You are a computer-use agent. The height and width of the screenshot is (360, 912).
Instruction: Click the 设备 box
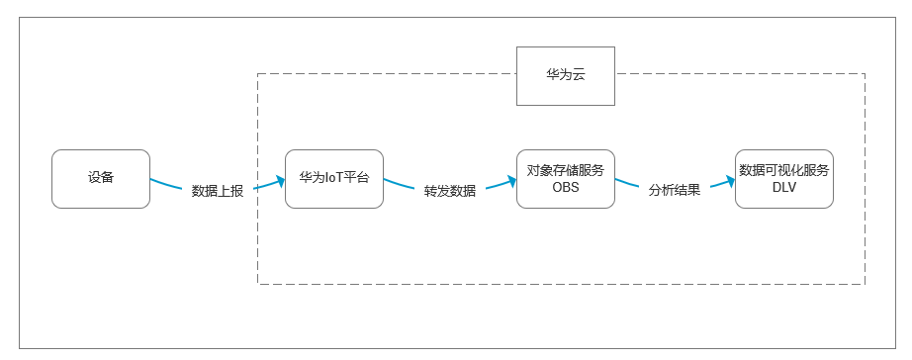tap(100, 179)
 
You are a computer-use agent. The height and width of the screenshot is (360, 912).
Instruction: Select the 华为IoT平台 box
tap(333, 179)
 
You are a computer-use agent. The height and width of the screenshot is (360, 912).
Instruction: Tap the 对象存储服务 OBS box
tap(566, 179)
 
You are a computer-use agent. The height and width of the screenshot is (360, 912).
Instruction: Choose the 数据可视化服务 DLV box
tap(784, 179)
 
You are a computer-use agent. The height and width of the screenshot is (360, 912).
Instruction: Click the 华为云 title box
tap(566, 75)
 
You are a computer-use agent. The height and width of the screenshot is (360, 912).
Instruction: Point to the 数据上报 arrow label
tap(217, 191)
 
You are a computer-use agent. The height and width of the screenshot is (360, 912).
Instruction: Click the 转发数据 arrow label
tap(450, 191)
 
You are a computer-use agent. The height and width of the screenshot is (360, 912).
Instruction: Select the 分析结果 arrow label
tap(675, 190)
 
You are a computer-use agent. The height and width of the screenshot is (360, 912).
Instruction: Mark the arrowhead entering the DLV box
tap(730, 180)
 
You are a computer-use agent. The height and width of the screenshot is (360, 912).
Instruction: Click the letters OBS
tap(566, 188)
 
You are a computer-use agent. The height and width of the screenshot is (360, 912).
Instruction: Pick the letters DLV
tap(784, 188)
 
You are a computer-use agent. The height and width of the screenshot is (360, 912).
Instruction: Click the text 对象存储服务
tap(566, 170)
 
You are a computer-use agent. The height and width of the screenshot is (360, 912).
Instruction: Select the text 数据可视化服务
tap(784, 170)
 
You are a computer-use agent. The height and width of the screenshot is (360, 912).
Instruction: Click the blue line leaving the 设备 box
tap(168, 184)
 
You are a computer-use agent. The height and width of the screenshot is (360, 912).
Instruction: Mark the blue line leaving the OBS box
tap(629, 184)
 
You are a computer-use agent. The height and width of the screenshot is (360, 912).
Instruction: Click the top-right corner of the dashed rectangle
tap(865, 73)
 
